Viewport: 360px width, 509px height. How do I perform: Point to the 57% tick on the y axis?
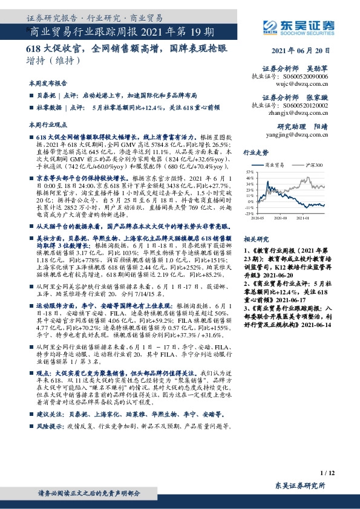point(250,172)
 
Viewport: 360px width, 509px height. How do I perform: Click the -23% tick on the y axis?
point(249,213)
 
